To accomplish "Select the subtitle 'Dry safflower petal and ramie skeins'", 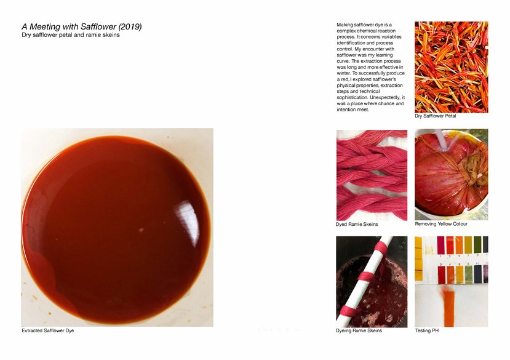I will (70, 35).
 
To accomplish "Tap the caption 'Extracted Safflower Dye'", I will (48, 331).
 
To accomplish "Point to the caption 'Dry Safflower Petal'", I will (435, 116).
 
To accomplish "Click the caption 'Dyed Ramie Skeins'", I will (357, 225).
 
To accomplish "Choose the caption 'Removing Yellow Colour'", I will (441, 224).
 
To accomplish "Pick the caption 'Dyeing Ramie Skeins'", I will (359, 331).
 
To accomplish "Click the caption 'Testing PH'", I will (427, 331).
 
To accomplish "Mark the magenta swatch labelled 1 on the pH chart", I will (440, 245).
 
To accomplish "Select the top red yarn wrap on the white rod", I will (380, 247).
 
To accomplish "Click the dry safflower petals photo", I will (451, 67).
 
